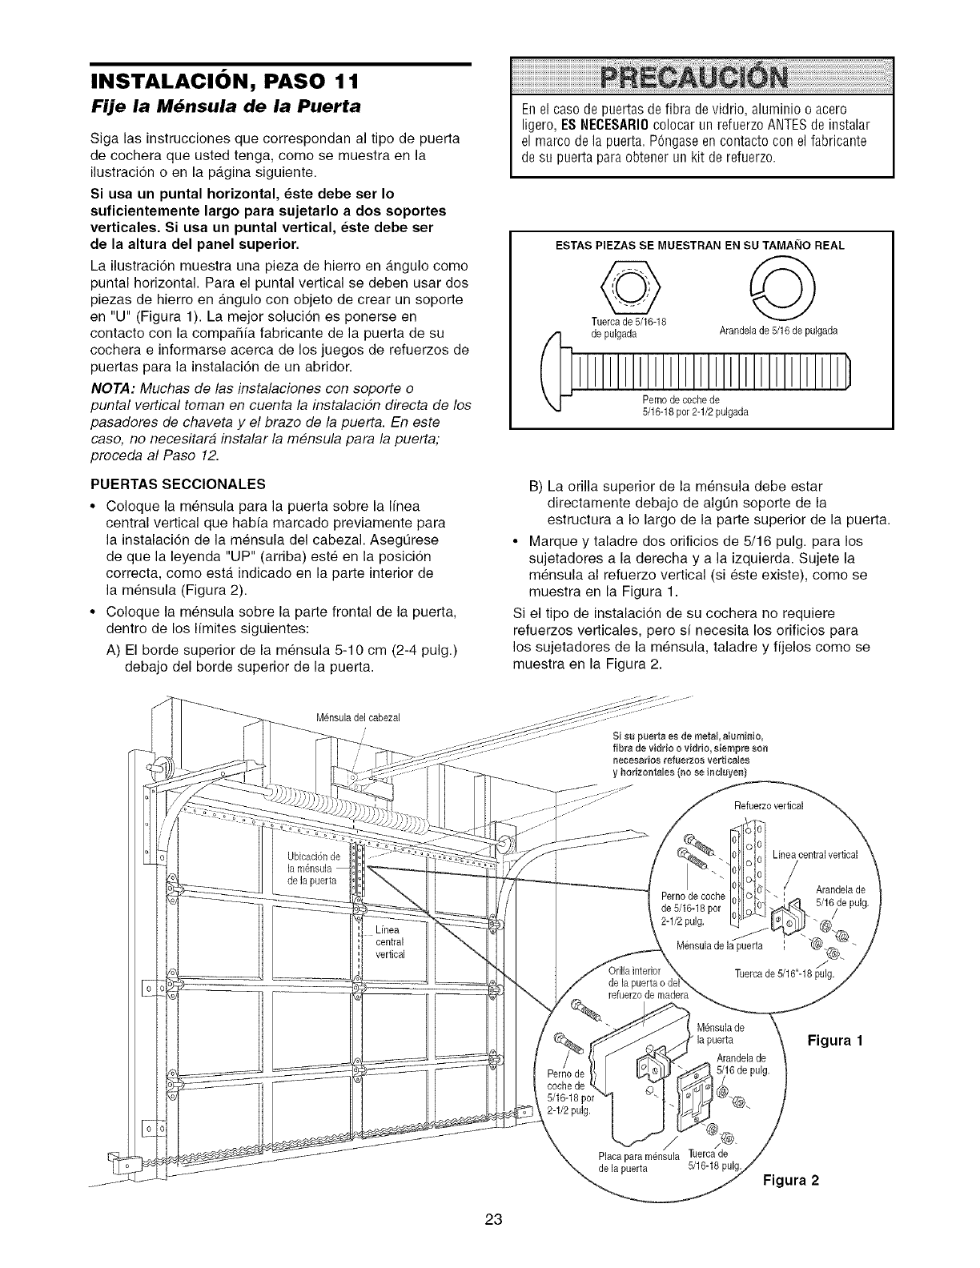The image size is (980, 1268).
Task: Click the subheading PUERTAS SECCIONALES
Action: point(186,484)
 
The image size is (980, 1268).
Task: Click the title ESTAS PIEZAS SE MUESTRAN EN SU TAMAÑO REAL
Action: point(701,245)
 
